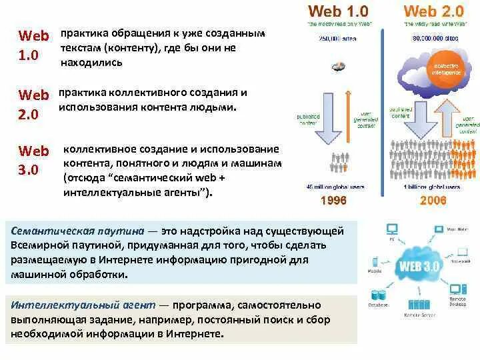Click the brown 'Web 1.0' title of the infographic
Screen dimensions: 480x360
[337, 11]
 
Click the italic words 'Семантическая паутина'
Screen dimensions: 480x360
[79, 231]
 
